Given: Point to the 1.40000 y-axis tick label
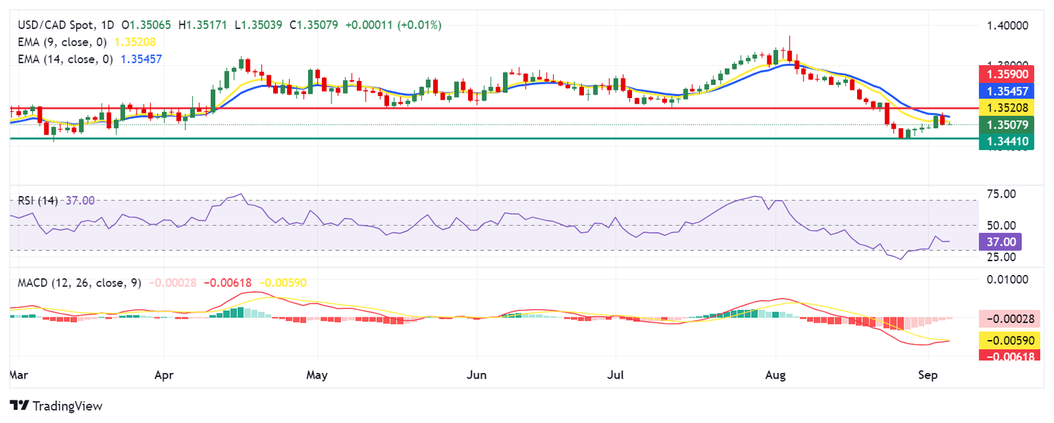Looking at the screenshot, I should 1007,25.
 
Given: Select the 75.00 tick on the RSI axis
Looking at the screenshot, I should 1000,194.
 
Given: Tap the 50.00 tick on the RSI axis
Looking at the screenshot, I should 1000,226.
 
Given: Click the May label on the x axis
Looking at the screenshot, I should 317,375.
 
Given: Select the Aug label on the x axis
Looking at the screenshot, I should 775,375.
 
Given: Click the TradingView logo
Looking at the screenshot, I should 56,406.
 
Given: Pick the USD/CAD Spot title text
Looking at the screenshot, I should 54,25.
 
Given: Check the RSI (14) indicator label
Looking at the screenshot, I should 38,200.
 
